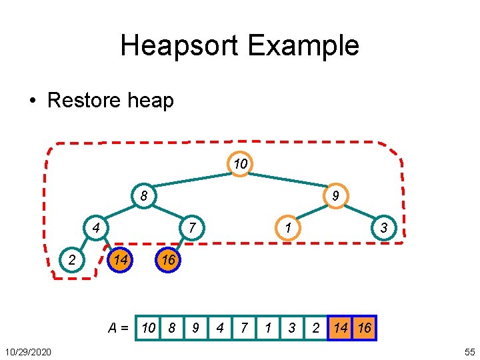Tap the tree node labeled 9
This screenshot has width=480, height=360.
pyautogui.click(x=335, y=196)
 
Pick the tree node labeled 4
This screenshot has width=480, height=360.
pyautogui.click(x=96, y=228)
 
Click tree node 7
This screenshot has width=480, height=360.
pyautogui.click(x=192, y=228)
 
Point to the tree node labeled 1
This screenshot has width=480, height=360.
pyautogui.click(x=287, y=228)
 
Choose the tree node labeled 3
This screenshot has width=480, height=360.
pyautogui.click(x=383, y=228)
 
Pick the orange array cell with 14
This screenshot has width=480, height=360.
pyautogui.click(x=341, y=328)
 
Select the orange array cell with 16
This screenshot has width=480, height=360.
pyautogui.click(x=365, y=328)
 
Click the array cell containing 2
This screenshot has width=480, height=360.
pyautogui.click(x=317, y=328)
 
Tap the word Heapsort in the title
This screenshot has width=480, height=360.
pyautogui.click(x=179, y=45)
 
